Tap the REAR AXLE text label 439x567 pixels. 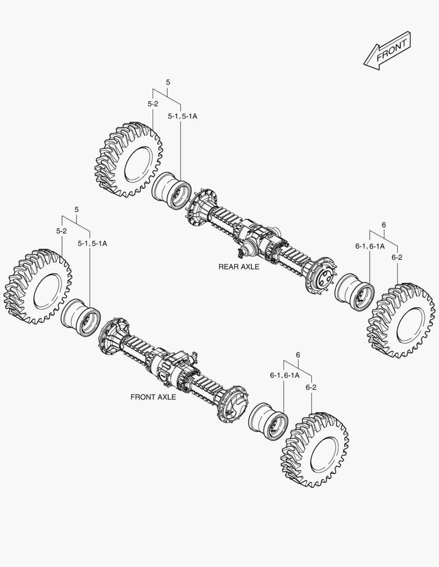coord(239,267)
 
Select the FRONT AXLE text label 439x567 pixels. coord(153,397)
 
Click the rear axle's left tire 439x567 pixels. coord(129,160)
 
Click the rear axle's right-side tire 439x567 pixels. coord(402,321)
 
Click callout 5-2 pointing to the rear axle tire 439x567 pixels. coord(152,104)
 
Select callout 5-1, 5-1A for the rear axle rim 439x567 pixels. coord(182,116)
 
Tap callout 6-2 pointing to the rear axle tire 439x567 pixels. coord(397,257)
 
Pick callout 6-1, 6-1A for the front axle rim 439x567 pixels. coord(284,375)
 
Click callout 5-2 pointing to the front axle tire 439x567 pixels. coord(62,231)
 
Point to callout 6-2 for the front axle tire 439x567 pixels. coord(311,387)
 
